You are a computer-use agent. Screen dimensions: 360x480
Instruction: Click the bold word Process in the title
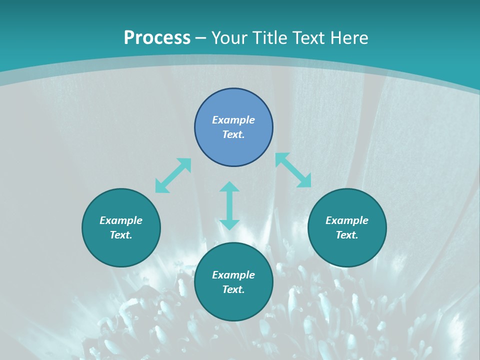[157, 38]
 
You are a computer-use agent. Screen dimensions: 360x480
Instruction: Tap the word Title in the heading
[269, 38]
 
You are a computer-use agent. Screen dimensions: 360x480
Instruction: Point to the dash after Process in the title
[201, 38]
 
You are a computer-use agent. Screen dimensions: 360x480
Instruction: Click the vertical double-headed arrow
[229, 205]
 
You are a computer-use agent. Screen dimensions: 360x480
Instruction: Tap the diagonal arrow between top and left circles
[173, 175]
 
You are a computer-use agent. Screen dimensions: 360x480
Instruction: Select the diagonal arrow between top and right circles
[293, 170]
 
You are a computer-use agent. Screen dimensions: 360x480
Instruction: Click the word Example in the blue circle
[233, 120]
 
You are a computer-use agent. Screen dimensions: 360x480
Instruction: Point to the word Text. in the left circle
[121, 235]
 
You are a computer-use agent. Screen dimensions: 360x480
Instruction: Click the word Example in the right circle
[347, 220]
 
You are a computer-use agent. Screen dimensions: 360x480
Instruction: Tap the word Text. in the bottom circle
[233, 289]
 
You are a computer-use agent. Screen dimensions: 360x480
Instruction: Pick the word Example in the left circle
[121, 220]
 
